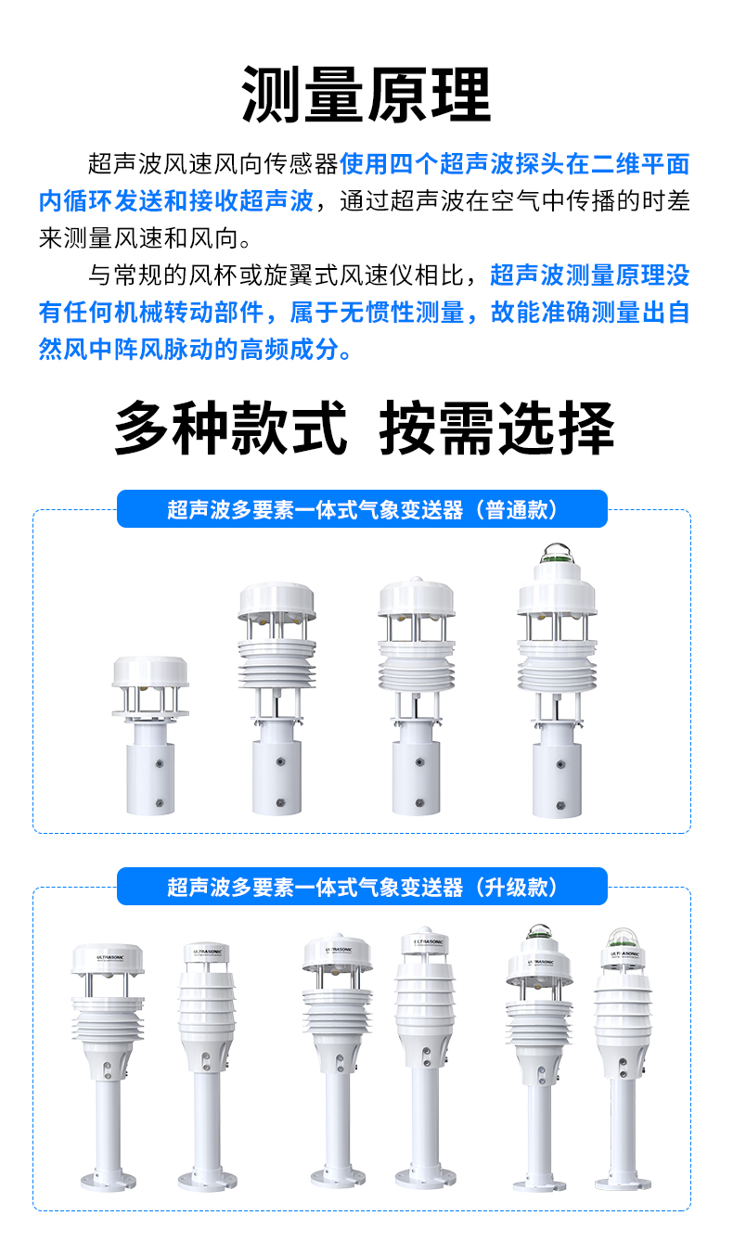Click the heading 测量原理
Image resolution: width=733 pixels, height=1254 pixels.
point(366,95)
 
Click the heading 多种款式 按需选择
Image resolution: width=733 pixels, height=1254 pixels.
point(366,428)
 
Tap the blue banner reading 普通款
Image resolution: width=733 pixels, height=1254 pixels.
point(362,509)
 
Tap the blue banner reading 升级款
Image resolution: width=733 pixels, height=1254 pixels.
point(362,887)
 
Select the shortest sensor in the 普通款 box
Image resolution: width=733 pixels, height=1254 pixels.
point(150,733)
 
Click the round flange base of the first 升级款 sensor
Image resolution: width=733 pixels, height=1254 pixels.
point(108,1183)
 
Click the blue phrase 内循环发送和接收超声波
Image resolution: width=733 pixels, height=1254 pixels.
point(176,201)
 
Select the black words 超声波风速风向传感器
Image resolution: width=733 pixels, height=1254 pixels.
point(213,165)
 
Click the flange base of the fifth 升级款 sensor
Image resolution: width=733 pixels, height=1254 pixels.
point(540,1183)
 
